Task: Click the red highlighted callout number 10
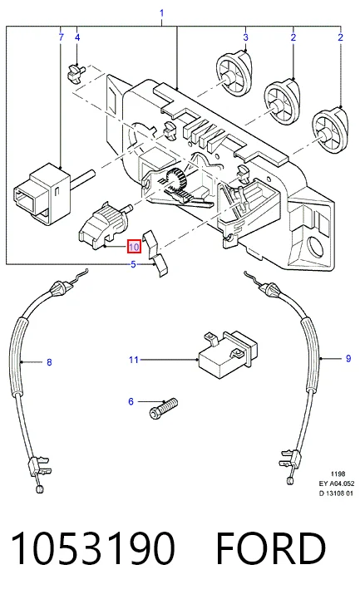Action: (134, 247)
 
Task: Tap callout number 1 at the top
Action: (161, 13)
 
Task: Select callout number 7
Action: (62, 37)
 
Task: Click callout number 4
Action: (77, 37)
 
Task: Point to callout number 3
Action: (246, 37)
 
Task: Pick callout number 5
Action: (133, 264)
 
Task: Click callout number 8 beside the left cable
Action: (49, 361)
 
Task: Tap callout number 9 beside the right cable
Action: (348, 358)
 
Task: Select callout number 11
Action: (133, 360)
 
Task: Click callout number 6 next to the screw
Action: (131, 401)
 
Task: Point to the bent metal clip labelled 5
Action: (156, 253)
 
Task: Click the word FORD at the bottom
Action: (271, 547)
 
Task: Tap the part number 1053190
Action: (93, 547)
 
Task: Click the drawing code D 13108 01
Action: (337, 493)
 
